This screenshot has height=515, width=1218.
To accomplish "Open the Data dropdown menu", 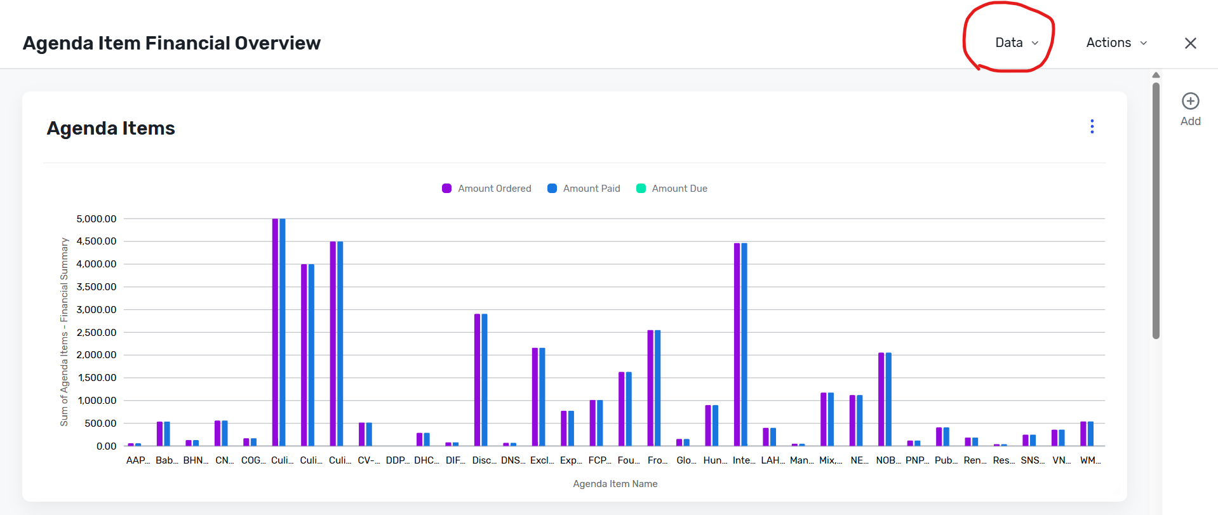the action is tap(1017, 43).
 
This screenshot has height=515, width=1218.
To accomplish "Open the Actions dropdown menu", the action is tap(1116, 43).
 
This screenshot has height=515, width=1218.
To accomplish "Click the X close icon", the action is tap(1191, 43).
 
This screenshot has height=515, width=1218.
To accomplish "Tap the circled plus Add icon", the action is tap(1191, 101).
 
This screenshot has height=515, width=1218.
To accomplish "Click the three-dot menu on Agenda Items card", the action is tap(1092, 126).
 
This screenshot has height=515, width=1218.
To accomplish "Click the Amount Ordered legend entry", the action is tap(486, 189).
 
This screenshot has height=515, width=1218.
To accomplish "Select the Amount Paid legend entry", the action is tap(584, 189).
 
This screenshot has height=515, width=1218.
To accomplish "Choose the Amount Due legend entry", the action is tap(672, 189).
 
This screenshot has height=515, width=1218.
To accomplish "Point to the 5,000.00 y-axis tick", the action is tap(97, 219).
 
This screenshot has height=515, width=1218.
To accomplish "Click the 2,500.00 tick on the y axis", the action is tap(97, 333).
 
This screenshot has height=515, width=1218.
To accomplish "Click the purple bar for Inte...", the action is tap(737, 344).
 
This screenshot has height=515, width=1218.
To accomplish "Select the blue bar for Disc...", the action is tap(485, 380).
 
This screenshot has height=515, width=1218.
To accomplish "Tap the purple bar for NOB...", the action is tap(881, 399).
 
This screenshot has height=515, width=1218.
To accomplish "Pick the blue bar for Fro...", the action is tap(658, 388).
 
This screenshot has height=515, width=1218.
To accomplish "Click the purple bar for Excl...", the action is tap(535, 397).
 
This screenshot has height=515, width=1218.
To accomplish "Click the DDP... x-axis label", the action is tap(398, 460).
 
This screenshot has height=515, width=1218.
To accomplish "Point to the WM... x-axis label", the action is tap(1090, 460).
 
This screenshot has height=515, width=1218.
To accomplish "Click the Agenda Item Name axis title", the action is tap(615, 484).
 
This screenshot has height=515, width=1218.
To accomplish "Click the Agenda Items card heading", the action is tap(111, 128).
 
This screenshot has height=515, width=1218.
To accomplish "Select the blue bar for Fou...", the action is tap(629, 409).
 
